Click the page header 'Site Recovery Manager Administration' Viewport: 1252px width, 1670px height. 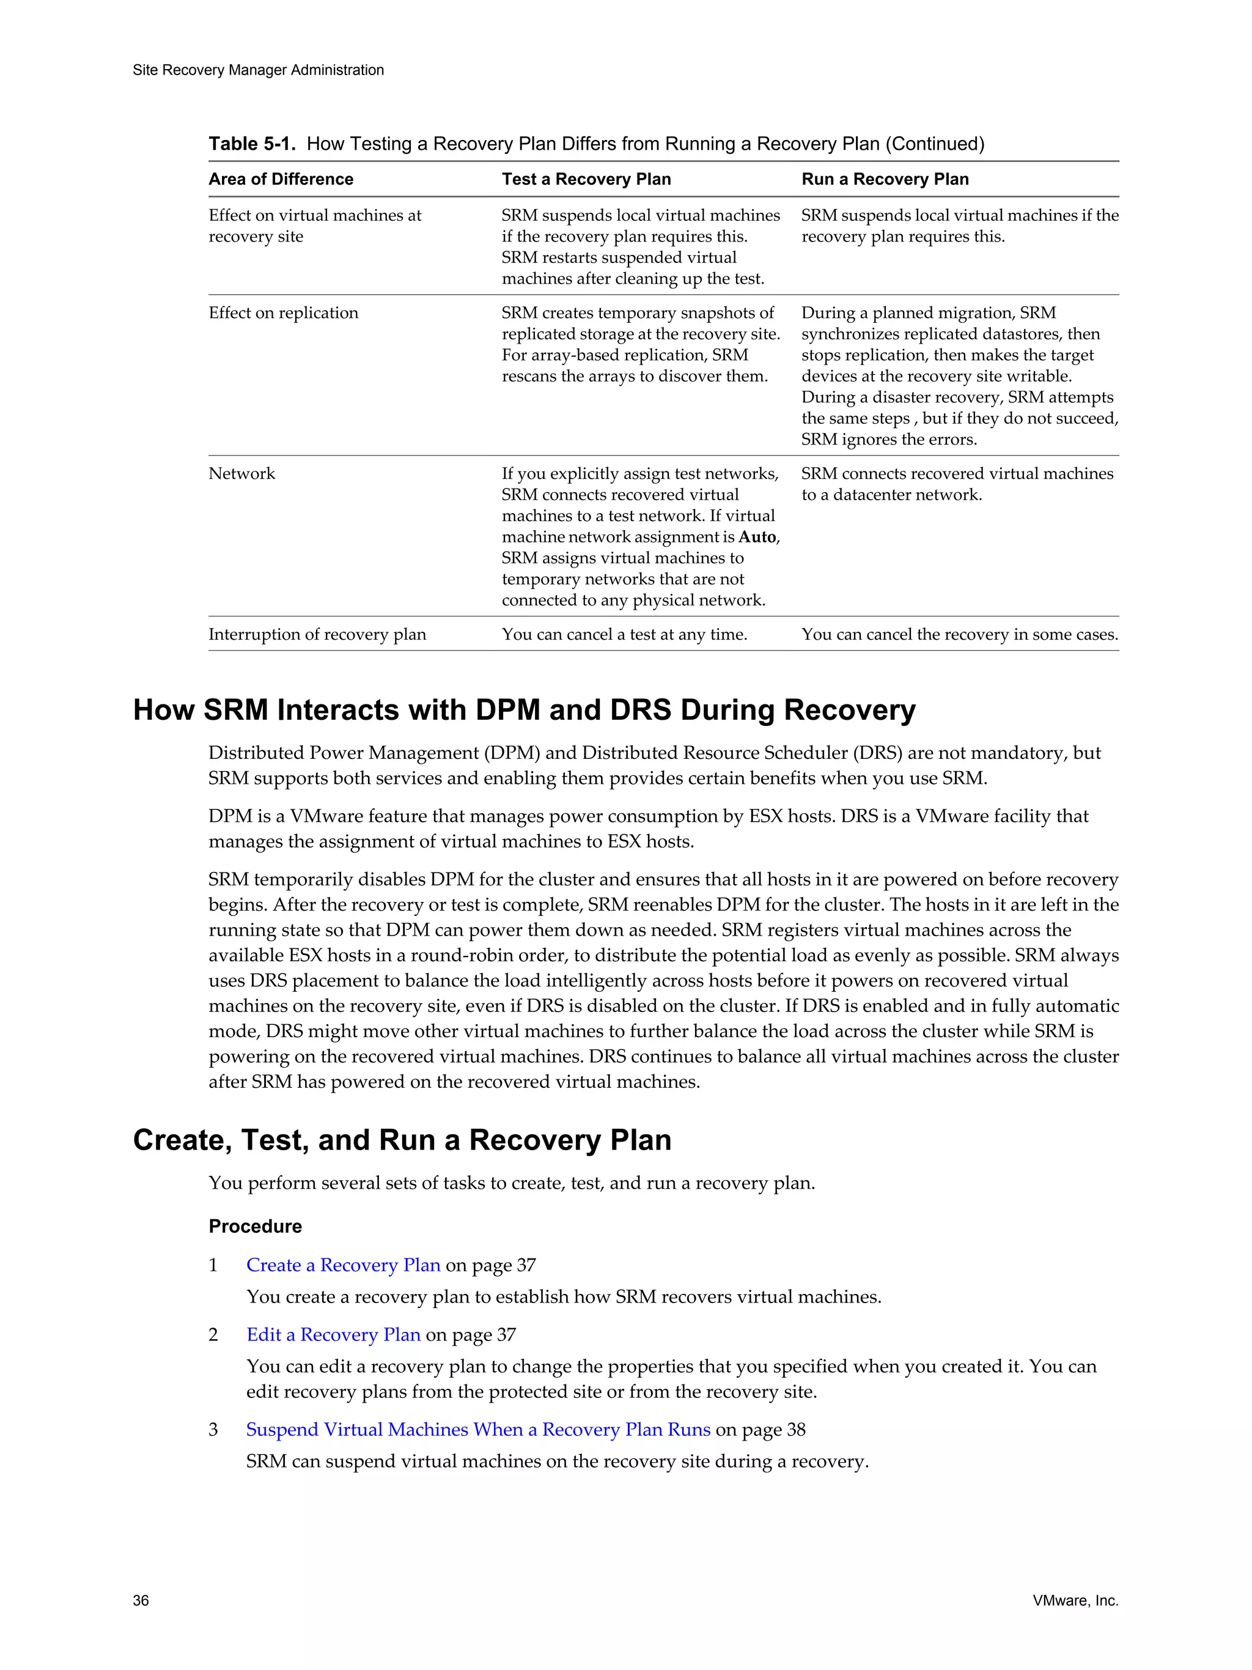pos(258,70)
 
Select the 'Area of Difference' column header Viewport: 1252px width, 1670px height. pos(281,179)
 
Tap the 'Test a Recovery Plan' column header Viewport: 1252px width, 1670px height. pos(586,179)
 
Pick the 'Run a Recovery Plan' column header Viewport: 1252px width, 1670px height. pos(885,179)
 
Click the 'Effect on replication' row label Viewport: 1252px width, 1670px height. pos(283,312)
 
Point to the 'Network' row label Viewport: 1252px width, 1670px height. pos(241,473)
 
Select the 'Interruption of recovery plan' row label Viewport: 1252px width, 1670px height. pos(317,634)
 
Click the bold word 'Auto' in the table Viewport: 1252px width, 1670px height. pos(757,537)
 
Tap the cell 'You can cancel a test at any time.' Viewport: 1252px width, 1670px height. pos(624,634)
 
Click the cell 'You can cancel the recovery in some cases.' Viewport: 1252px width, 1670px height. pos(959,634)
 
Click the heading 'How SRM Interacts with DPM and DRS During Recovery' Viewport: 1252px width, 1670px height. pos(524,710)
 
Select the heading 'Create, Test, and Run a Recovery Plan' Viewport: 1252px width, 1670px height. pos(402,1139)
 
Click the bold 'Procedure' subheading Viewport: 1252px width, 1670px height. pos(255,1226)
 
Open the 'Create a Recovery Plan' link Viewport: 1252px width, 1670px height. pos(342,1265)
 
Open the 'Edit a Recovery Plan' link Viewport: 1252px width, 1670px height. pos(333,1334)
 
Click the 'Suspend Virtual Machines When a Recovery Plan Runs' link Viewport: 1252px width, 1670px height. pos(477,1429)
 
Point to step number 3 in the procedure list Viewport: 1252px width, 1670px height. pos(213,1429)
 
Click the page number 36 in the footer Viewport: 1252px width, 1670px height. pos(141,1600)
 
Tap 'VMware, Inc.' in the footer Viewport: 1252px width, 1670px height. pos(1075,1600)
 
